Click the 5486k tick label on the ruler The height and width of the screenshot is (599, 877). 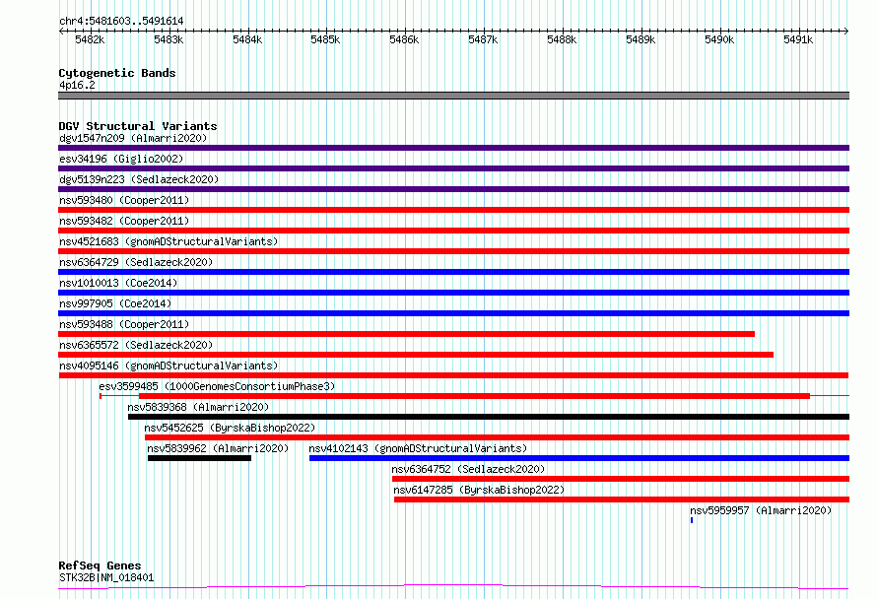[404, 39]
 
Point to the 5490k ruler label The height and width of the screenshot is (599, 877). [719, 39]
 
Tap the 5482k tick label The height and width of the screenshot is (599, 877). [90, 39]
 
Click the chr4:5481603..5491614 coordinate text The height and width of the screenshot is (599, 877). [121, 22]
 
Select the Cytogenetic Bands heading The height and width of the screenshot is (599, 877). [117, 73]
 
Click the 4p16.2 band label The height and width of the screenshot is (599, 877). [77, 85]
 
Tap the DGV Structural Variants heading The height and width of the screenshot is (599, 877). [138, 126]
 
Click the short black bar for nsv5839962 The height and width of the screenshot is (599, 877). [199, 458]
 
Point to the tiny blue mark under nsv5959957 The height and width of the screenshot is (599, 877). [692, 520]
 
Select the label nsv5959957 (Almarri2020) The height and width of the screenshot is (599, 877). [761, 510]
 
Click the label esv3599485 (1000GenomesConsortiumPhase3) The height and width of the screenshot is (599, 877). [217, 386]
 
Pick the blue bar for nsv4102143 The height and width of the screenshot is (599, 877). [579, 458]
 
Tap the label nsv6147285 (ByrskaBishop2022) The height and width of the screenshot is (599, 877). [479, 490]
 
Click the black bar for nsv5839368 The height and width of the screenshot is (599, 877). [489, 417]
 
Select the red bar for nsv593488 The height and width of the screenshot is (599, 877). [407, 334]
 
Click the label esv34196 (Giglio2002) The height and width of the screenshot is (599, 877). [121, 159]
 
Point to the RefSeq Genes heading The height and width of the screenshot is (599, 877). [100, 566]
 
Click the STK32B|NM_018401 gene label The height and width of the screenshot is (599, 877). [106, 577]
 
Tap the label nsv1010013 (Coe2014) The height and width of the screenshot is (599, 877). [118, 283]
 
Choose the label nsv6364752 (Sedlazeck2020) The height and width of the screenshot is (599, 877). [468, 469]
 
